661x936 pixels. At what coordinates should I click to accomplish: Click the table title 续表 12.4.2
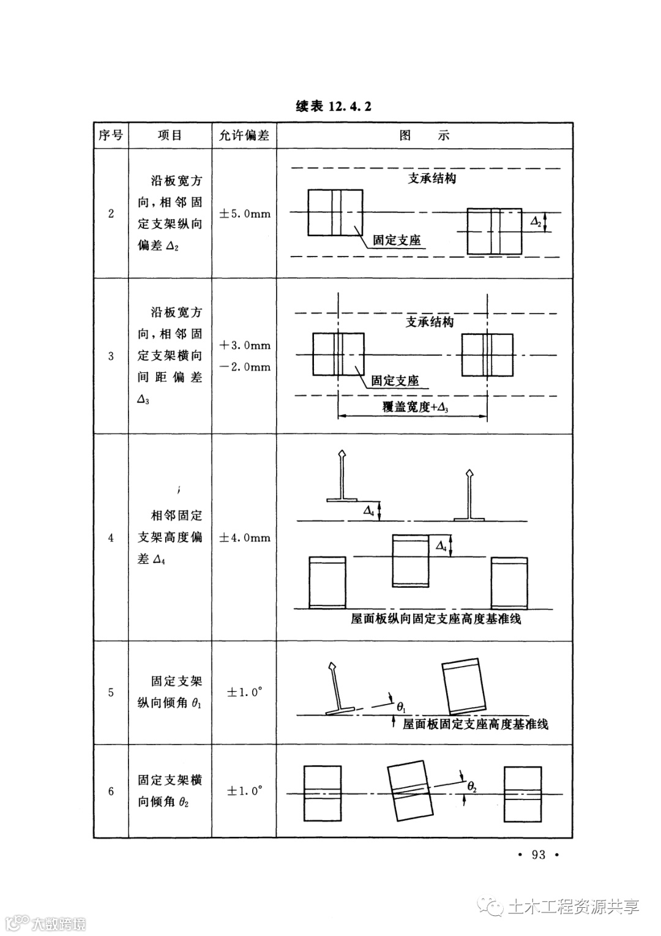coord(334,106)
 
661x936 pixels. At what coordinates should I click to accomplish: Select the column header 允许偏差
coord(244,135)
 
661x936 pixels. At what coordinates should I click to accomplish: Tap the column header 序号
coord(111,135)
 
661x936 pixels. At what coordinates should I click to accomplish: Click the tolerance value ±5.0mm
coord(244,214)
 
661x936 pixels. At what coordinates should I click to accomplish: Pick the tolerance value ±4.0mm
coord(244,537)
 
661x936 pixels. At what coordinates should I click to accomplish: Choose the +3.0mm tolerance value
coord(244,345)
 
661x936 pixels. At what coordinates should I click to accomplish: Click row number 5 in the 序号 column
coord(111,692)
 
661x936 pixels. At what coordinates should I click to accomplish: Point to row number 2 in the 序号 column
coord(111,214)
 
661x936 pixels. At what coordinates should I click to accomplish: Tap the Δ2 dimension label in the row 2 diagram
coord(535,222)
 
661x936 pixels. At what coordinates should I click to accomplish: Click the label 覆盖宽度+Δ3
coord(416,407)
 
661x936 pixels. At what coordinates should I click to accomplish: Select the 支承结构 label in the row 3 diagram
coord(430,321)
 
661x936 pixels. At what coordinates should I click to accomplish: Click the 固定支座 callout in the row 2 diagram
coord(397,240)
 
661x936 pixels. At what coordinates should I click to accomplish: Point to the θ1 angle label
coord(401,707)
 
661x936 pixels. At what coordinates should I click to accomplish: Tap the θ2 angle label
coord(472,786)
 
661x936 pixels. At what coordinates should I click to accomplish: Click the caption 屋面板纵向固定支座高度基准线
coord(436,619)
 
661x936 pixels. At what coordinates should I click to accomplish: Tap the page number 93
coord(539,855)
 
